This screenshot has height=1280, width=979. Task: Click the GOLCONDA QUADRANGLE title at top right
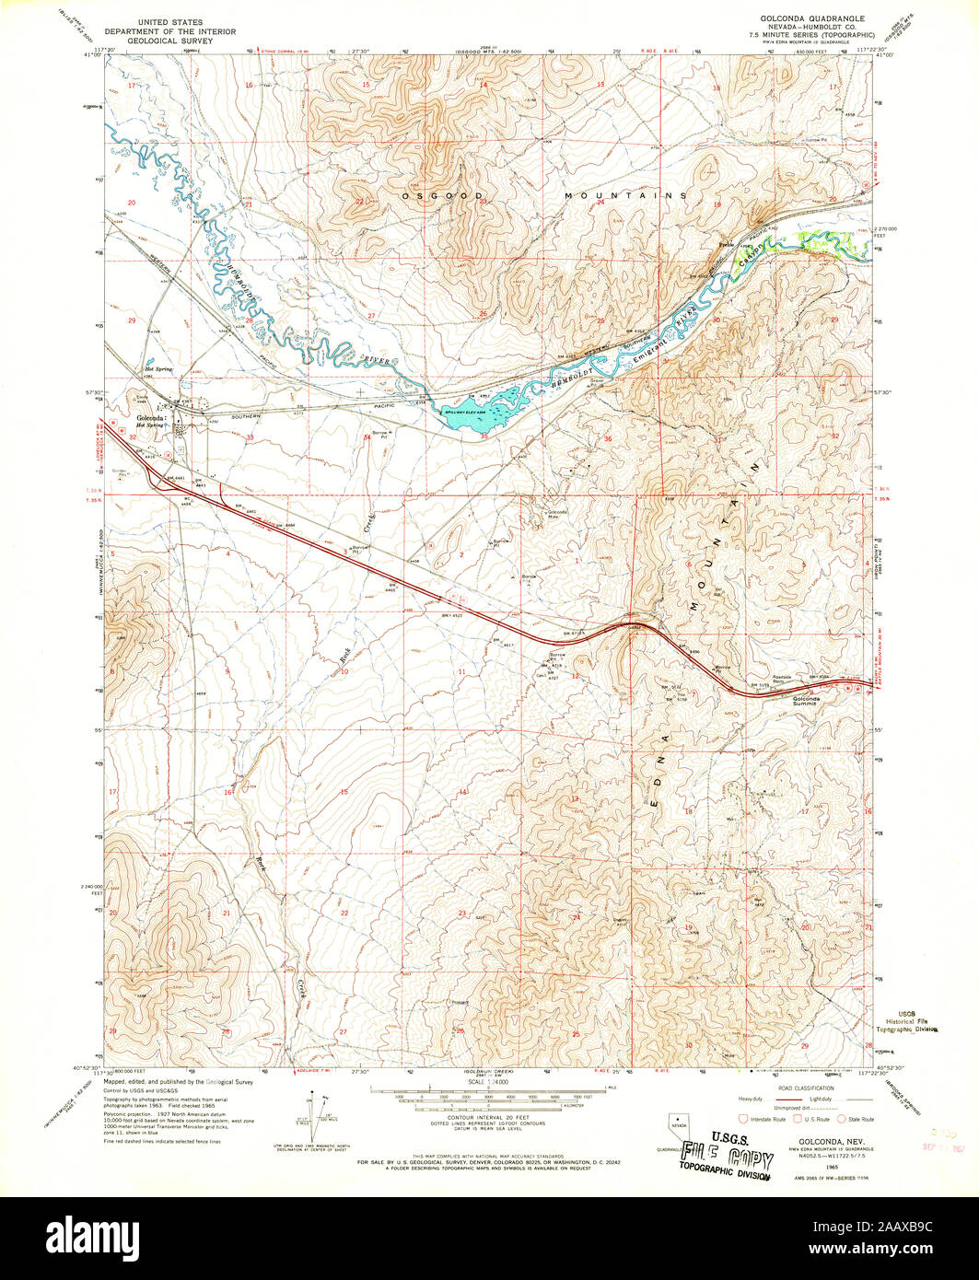point(811,17)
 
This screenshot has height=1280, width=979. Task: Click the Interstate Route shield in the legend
point(745,1119)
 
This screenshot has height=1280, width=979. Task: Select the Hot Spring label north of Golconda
point(158,369)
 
